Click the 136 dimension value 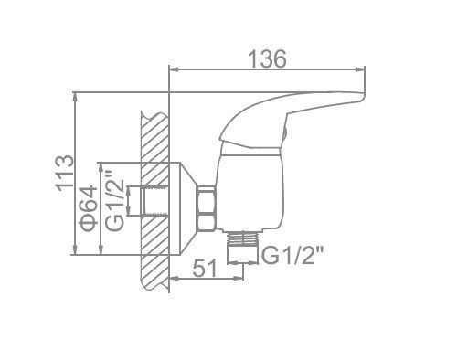tap(268, 58)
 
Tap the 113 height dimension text tap(65, 173)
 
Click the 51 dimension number tap(205, 268)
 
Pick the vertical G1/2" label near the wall tap(115, 201)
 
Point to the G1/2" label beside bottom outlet tap(292, 255)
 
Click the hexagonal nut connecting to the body tap(207, 208)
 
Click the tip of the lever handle tap(363, 96)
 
